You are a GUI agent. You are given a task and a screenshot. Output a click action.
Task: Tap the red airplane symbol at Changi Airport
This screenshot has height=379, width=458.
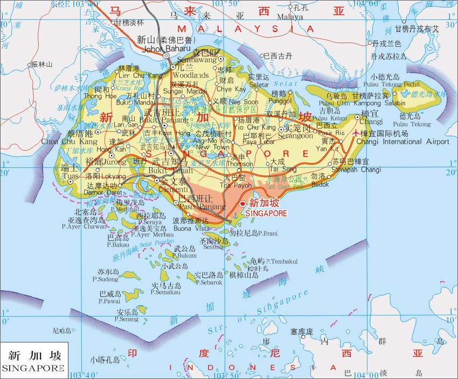[355, 132]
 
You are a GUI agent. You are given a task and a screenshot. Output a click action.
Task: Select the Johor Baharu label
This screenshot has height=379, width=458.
[163, 49]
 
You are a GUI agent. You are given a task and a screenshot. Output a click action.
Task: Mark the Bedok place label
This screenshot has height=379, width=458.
[320, 184]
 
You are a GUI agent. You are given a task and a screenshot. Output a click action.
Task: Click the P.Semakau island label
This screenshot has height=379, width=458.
[164, 292]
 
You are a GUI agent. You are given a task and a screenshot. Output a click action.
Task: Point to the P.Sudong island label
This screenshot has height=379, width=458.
[105, 279]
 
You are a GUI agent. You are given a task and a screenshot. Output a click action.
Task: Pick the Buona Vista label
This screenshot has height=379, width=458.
[190, 228]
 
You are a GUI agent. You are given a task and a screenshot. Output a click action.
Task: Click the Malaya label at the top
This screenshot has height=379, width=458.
[290, 17]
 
